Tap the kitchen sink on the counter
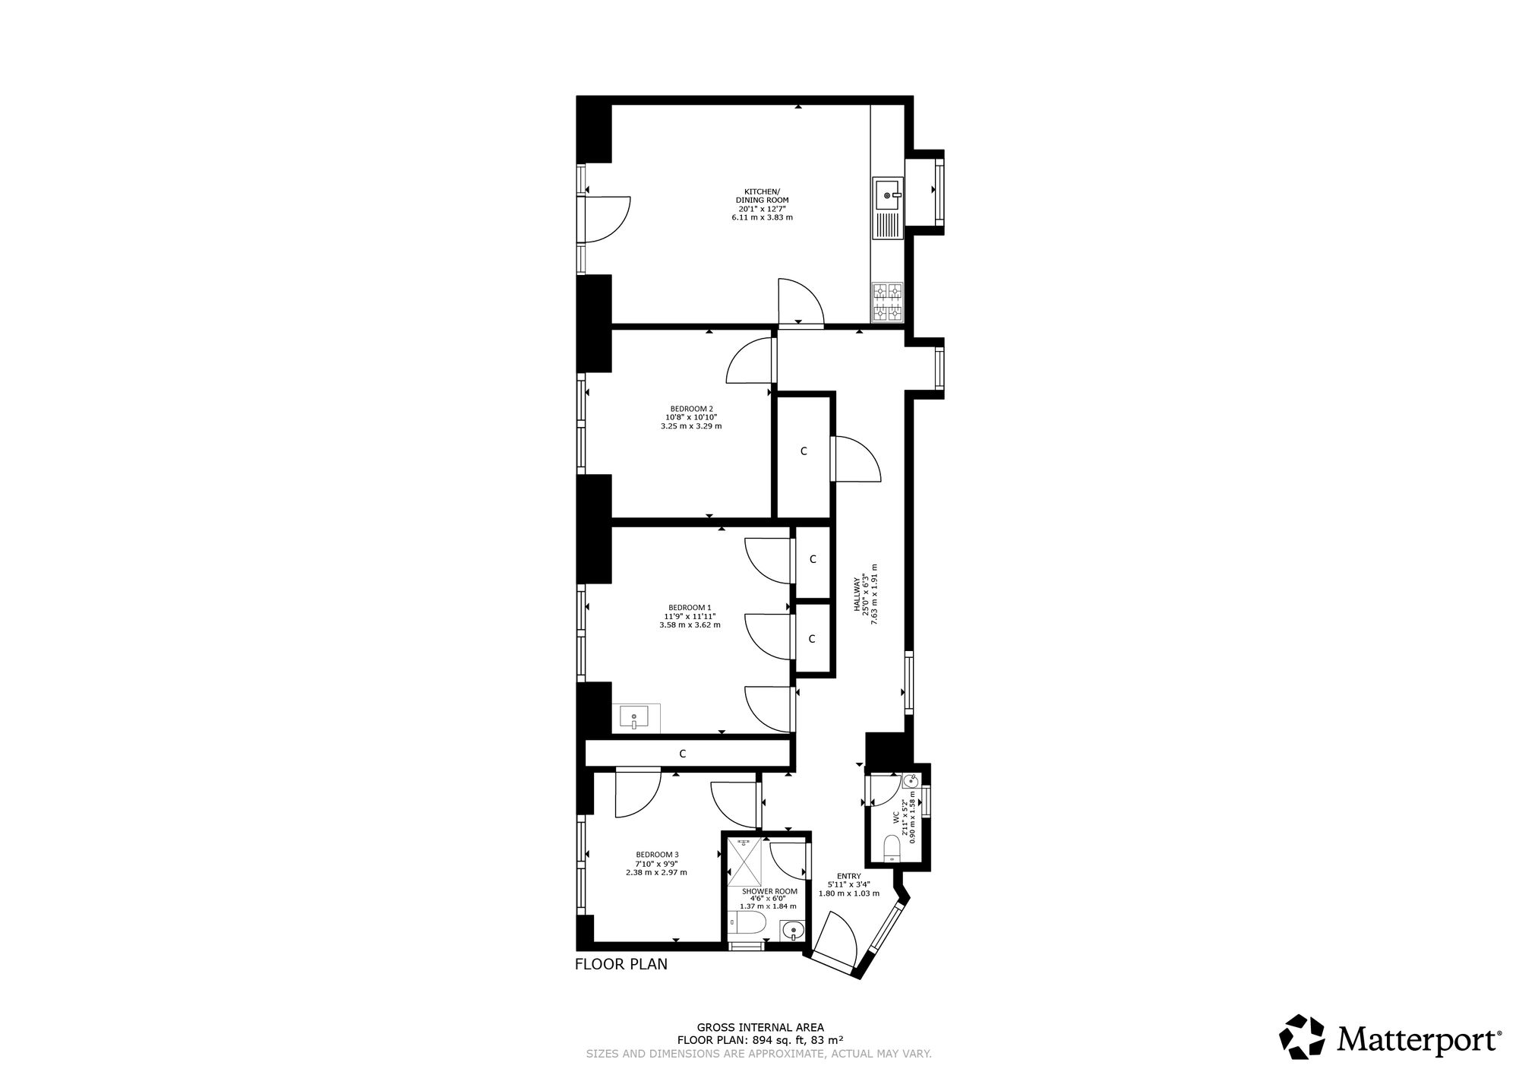click(x=886, y=207)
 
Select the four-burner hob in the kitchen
click(x=886, y=302)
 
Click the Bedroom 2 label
click(x=691, y=409)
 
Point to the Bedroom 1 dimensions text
click(x=690, y=621)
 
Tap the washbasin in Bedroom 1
click(x=634, y=717)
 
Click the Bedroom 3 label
click(x=657, y=855)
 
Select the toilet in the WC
click(x=893, y=848)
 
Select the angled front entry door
click(x=839, y=939)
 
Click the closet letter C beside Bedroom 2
click(x=804, y=451)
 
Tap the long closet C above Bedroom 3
click(x=682, y=754)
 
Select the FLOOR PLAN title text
click(x=621, y=965)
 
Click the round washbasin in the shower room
click(x=793, y=930)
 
